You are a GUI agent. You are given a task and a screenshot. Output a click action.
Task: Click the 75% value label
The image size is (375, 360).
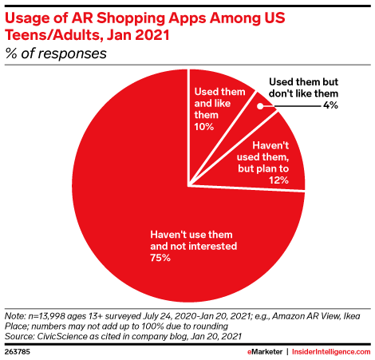click(160, 258)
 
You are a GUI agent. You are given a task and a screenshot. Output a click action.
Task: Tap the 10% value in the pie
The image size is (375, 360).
click(204, 127)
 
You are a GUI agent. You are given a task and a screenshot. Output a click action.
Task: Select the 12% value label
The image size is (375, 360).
click(278, 180)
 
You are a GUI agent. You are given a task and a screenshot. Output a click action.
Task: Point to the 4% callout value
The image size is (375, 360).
click(330, 105)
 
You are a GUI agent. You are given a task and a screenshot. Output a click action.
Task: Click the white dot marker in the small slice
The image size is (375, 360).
click(260, 106)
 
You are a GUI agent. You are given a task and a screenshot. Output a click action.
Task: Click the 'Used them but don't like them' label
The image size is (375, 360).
click(303, 88)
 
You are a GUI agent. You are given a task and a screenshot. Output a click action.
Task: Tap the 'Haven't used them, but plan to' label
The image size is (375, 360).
click(262, 157)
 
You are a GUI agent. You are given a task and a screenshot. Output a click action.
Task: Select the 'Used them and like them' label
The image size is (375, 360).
click(219, 103)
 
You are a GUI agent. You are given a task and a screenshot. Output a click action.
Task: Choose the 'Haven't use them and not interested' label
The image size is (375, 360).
click(193, 240)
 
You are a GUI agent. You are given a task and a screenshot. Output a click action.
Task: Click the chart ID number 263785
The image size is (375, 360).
click(18, 352)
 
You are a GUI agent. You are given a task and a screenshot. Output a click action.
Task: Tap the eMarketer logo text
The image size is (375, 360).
click(265, 352)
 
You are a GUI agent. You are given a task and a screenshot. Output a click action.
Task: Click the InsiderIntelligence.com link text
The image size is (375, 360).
click(331, 352)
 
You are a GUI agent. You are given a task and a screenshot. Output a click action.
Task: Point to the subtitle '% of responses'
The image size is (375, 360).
click(56, 53)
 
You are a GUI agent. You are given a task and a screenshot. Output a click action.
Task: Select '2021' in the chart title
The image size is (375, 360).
click(152, 35)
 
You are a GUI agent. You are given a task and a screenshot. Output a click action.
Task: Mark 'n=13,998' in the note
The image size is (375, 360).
click(46, 316)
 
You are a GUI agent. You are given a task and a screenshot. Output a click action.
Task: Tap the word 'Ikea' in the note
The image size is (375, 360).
click(352, 316)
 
